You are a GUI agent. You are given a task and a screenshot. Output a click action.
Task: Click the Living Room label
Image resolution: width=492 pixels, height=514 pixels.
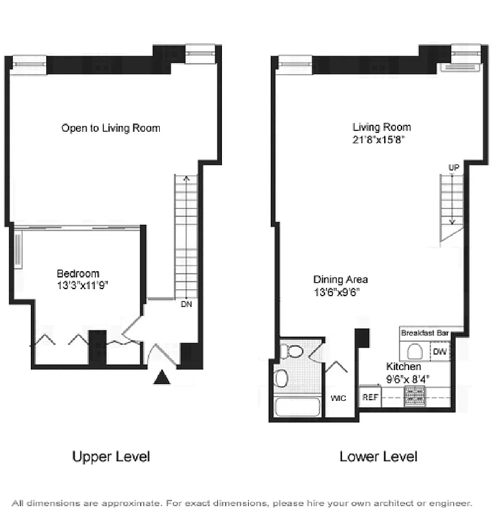click(x=382, y=127)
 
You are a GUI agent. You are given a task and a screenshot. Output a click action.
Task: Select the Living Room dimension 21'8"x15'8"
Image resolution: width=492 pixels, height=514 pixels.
click(x=382, y=139)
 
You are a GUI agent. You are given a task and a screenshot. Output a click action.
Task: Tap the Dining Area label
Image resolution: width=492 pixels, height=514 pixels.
click(x=340, y=279)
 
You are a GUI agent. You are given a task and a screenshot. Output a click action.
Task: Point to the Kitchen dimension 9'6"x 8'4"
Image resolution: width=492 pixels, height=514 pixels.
click(x=407, y=378)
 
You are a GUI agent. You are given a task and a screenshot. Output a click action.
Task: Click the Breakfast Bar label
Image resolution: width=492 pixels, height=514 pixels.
click(x=424, y=333)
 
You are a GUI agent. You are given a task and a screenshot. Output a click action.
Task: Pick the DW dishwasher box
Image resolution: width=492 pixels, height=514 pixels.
click(x=440, y=351)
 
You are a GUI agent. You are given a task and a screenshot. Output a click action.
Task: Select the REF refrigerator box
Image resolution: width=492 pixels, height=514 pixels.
click(x=369, y=397)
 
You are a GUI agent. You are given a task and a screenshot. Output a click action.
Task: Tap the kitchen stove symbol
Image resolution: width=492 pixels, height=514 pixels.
click(x=414, y=396)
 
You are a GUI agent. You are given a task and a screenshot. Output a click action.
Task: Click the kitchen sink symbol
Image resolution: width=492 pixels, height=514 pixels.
click(x=414, y=351)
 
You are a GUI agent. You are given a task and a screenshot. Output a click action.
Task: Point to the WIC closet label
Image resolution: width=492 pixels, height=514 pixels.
click(x=338, y=398)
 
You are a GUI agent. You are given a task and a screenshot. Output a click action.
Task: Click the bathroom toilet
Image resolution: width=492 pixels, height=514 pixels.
click(x=292, y=351)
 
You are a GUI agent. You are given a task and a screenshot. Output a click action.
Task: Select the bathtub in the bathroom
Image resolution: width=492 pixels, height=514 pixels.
click(x=297, y=407)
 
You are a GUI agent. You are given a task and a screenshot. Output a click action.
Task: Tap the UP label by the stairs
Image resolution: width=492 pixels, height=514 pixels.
click(x=454, y=168)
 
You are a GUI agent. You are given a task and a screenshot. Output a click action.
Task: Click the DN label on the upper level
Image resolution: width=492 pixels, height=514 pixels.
click(x=186, y=305)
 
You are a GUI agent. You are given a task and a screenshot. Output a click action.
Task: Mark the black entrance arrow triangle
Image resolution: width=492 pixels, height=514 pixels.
click(x=162, y=377)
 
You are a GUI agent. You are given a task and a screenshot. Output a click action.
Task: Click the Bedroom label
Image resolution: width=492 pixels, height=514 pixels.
click(x=78, y=274)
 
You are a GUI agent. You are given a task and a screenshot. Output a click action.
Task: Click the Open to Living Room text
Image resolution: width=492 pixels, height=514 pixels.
click(x=110, y=128)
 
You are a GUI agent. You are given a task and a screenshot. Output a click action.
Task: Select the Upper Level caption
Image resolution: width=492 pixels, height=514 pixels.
click(x=111, y=457)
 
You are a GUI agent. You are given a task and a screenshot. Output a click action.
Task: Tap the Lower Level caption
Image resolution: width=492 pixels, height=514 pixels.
click(x=378, y=457)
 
